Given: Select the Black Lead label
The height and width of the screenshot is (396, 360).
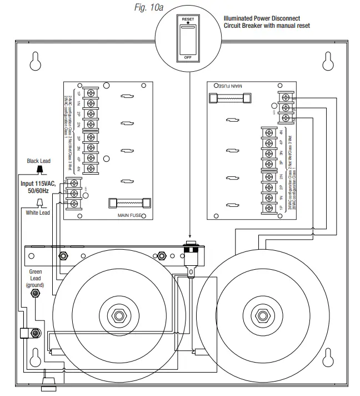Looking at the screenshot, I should click(x=39, y=161).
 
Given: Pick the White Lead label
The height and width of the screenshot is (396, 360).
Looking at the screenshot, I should click(x=38, y=212).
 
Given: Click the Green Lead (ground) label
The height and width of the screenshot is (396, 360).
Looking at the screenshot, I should click(x=35, y=278).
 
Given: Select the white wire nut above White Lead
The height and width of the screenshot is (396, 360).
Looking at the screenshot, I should click(x=39, y=202).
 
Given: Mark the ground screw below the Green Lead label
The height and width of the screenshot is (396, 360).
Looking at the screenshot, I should click(x=36, y=292).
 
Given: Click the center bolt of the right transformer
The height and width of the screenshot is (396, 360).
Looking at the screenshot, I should click(x=259, y=315).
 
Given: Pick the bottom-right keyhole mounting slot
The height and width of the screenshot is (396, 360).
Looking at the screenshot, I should click(x=328, y=355).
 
